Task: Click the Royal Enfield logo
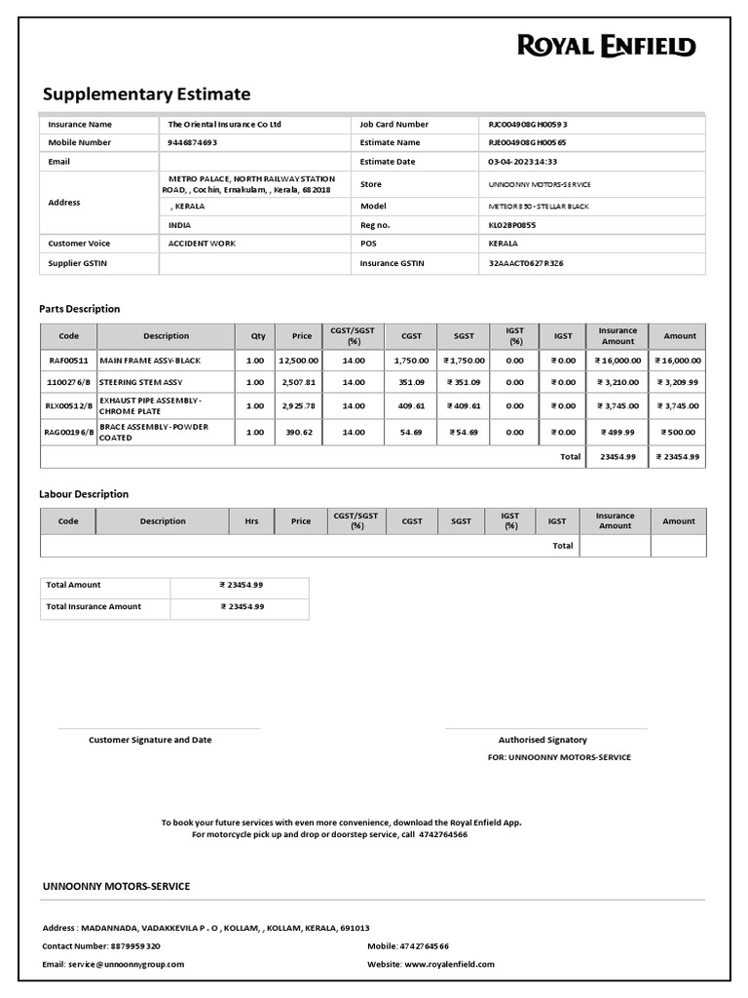click(x=606, y=46)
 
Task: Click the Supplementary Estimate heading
click(x=146, y=95)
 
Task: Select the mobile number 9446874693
click(x=193, y=142)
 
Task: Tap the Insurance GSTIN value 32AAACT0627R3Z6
click(x=526, y=263)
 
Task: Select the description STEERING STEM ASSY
click(x=141, y=382)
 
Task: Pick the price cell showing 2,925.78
click(x=299, y=406)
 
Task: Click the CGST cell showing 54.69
click(x=412, y=431)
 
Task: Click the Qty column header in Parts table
click(x=258, y=336)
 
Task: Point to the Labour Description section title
click(x=84, y=494)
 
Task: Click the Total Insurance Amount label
click(x=93, y=606)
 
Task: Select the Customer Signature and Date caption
click(x=150, y=740)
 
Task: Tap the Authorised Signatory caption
click(x=542, y=740)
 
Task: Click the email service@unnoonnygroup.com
click(x=126, y=964)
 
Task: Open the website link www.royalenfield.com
click(x=449, y=964)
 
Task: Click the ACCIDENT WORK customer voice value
click(x=202, y=243)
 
